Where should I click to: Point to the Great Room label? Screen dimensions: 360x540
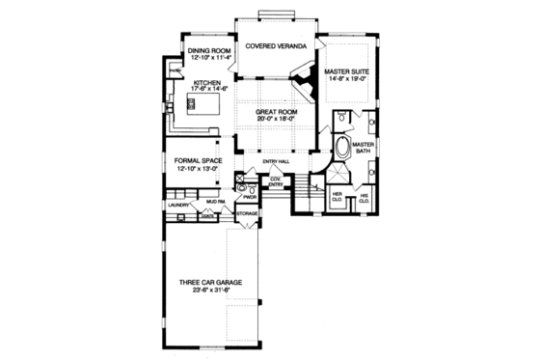click(x=275, y=113)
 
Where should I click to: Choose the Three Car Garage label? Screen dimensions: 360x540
click(x=208, y=283)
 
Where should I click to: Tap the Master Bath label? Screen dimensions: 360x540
click(x=364, y=148)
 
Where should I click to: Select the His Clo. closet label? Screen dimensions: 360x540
click(x=364, y=199)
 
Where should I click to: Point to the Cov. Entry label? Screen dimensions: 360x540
click(x=276, y=180)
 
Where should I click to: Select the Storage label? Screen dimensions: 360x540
click(x=247, y=212)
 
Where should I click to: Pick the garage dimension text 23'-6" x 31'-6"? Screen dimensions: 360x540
click(x=208, y=290)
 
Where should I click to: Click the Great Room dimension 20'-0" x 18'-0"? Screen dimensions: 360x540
click(x=275, y=121)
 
